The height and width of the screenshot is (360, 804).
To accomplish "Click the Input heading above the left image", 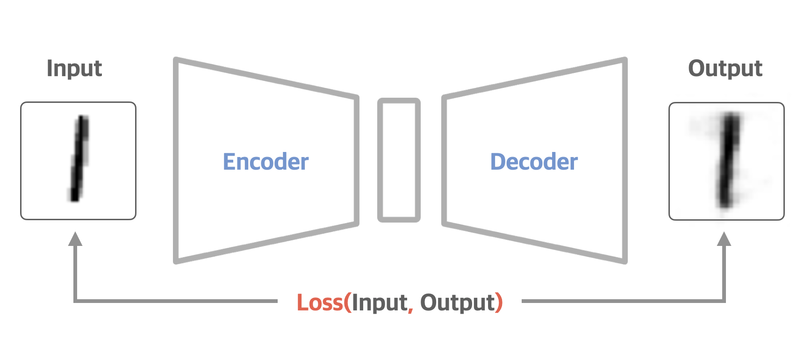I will point(74,68).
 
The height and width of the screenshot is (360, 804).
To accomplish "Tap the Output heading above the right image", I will point(725,68).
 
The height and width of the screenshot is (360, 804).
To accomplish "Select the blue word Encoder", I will point(266,162).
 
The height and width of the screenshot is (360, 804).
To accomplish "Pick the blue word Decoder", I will point(534,162).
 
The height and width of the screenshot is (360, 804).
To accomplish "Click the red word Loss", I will point(320,302).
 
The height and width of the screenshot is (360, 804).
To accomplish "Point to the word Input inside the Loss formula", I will point(380,302).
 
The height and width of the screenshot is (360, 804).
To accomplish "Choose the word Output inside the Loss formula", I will point(457,302).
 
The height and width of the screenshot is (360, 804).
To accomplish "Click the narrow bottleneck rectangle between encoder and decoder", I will point(399,160).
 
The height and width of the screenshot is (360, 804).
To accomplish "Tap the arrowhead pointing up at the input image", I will point(75,239).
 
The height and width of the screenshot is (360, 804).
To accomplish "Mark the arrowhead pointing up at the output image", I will point(724,239).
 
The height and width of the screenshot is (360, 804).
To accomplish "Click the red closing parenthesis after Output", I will point(499,302).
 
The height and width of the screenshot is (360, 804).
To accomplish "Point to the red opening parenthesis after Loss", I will point(347,302).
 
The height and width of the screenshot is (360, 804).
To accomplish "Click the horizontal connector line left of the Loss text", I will point(178,301).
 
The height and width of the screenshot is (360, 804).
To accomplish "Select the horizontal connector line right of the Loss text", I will point(622,301).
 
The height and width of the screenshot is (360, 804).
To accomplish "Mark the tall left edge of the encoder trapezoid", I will point(176,160).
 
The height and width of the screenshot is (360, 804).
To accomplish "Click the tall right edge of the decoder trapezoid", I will point(625,160).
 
